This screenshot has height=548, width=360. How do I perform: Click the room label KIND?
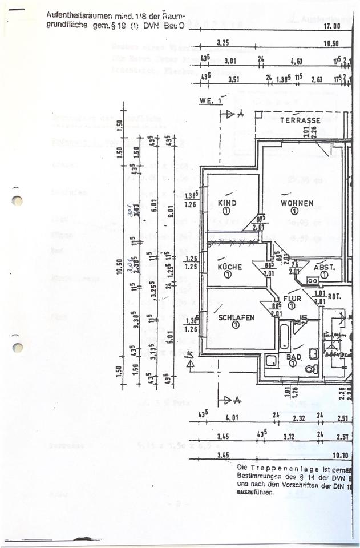pos(227,203)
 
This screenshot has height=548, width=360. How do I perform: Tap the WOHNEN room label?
pos(297,203)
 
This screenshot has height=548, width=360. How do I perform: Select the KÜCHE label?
pos(229,267)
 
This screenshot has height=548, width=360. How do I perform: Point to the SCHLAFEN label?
pos(235,317)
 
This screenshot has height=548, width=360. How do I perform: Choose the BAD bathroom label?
pos(294,357)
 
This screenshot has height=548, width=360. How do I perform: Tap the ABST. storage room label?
pos(325,267)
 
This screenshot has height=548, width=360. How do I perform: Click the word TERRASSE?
pos(300,120)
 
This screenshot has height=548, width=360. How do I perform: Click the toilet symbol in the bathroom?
pos(312,369)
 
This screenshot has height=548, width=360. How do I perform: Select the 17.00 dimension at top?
pos(332,26)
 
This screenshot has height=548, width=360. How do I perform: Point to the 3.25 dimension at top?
pos(224,43)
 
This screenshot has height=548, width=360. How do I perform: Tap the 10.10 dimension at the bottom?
pos(340,455)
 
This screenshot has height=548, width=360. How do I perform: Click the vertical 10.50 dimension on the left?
pos(120,267)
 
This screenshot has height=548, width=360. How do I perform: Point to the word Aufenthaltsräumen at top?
pos(74,17)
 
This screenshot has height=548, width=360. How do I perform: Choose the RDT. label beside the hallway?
pos(334,296)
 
